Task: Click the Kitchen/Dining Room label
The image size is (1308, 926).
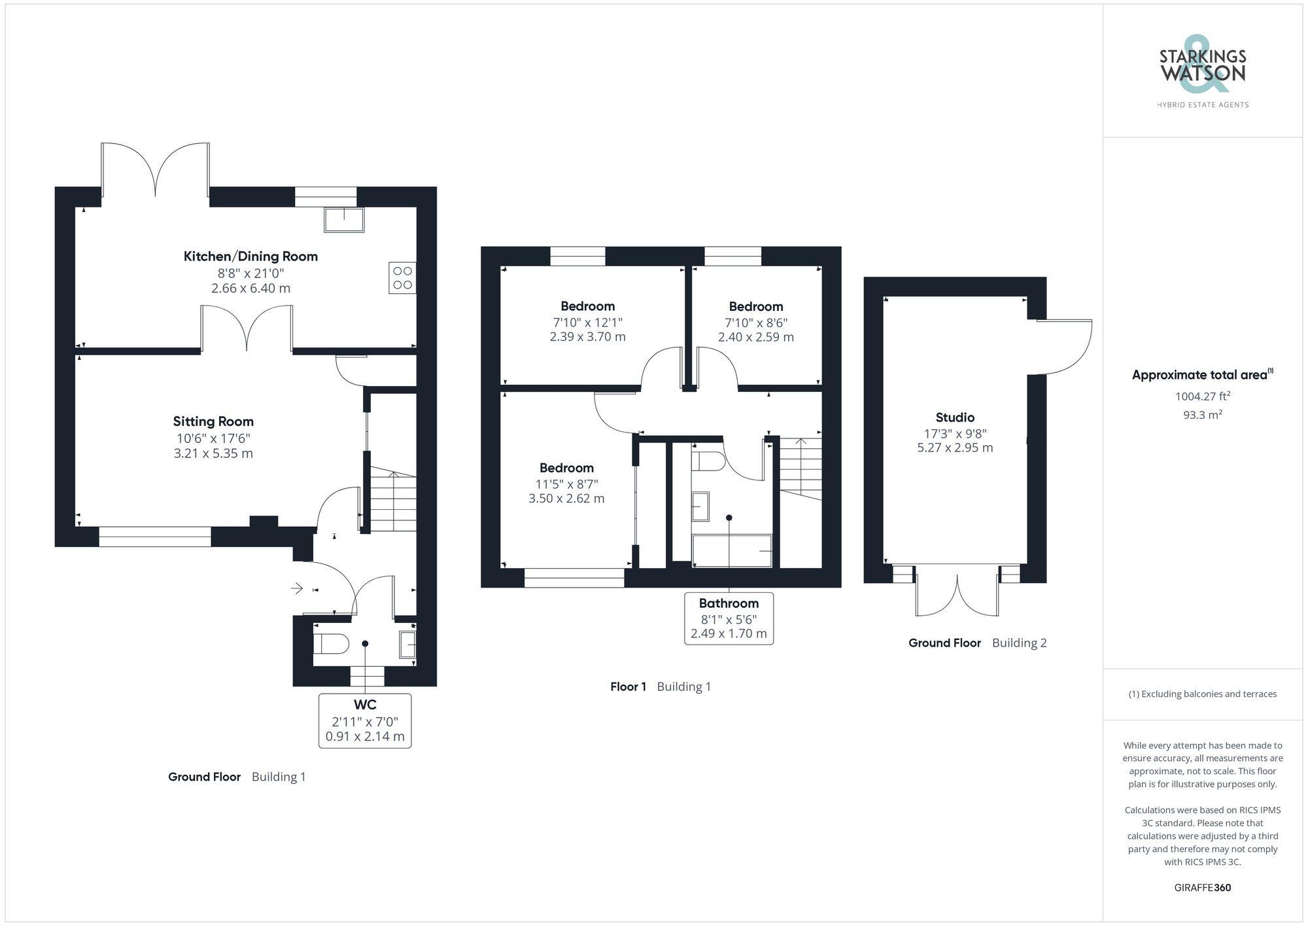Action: tap(250, 256)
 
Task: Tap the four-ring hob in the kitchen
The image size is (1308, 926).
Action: tap(402, 277)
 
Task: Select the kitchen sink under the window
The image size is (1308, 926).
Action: tap(344, 220)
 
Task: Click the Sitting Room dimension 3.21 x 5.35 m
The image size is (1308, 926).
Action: tap(213, 454)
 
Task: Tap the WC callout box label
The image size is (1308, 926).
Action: tap(365, 720)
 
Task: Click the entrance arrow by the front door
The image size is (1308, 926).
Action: tap(297, 588)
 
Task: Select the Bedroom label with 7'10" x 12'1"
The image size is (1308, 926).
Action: tap(587, 306)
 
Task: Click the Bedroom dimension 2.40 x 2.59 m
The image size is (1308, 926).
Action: tap(756, 337)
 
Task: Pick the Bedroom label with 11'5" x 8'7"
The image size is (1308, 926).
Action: tap(566, 468)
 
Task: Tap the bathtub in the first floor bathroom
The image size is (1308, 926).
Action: tap(732, 550)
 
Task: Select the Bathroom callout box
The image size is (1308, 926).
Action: tap(729, 618)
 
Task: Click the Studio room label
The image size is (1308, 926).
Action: tap(955, 418)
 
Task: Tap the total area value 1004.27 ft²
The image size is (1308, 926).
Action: tap(1202, 396)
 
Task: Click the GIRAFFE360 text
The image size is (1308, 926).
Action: tap(1202, 887)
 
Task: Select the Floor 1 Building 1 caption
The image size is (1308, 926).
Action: tap(660, 686)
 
